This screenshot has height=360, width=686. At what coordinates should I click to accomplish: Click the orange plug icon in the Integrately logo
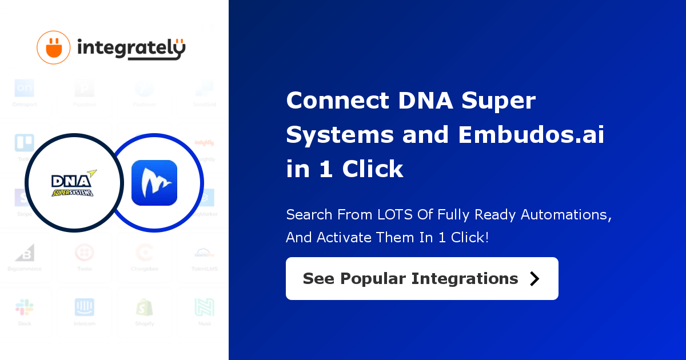point(54,47)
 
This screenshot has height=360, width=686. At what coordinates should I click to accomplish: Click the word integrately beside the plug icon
point(131,49)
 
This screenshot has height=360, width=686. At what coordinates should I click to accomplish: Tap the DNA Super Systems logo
point(73,183)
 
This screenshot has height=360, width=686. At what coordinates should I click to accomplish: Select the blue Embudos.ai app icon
point(154,183)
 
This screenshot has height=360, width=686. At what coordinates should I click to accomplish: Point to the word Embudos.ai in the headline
point(531,135)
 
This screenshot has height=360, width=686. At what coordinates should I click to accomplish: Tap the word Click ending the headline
point(373,169)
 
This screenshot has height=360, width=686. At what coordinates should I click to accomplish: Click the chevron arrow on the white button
point(535,278)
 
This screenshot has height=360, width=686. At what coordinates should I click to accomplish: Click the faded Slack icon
point(24,307)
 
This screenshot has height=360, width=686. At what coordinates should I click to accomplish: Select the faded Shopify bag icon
point(145,307)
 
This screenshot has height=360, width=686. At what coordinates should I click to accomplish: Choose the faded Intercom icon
point(85,307)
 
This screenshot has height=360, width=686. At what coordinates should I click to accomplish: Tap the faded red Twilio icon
point(85,253)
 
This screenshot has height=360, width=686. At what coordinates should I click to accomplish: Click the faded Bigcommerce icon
point(24,253)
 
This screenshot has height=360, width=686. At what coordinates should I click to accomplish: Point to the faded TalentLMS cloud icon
point(204,253)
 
